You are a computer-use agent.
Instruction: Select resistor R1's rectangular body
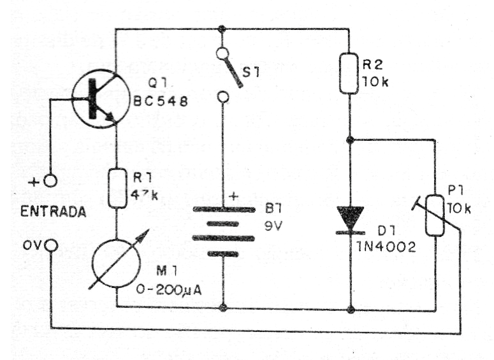pyautogui.click(x=117, y=188)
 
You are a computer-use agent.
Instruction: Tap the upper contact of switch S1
pyautogui.click(x=222, y=54)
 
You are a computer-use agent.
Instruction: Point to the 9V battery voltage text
pyautogui.click(x=273, y=225)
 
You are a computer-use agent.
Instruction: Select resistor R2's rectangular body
pyautogui.click(x=349, y=73)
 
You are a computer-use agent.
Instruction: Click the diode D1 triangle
pyautogui.click(x=350, y=217)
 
